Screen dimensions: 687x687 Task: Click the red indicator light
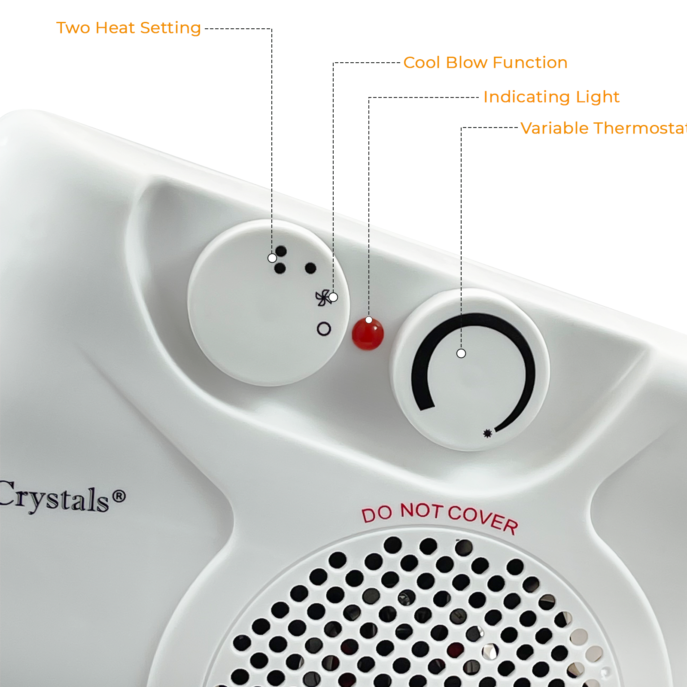coord(368,334)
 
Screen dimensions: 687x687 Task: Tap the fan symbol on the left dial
coord(322,298)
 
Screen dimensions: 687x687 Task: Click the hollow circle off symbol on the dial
coord(324,329)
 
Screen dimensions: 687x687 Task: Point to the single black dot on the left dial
coord(310,268)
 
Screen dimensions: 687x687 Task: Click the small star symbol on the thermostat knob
coord(487,434)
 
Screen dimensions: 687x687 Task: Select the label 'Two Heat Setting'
coord(128,28)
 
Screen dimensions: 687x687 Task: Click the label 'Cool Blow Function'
coord(485,63)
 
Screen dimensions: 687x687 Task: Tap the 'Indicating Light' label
coord(551,97)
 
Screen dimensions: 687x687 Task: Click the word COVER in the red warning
coord(483,519)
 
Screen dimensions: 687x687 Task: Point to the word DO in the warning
coord(377,514)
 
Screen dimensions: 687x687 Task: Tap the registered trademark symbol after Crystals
coord(119,496)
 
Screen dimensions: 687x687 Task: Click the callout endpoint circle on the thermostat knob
coord(461,353)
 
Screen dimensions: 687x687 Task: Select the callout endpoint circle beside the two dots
coord(272,258)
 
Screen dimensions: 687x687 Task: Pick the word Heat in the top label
coord(115,28)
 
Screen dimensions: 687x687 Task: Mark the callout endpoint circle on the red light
coord(369,320)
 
